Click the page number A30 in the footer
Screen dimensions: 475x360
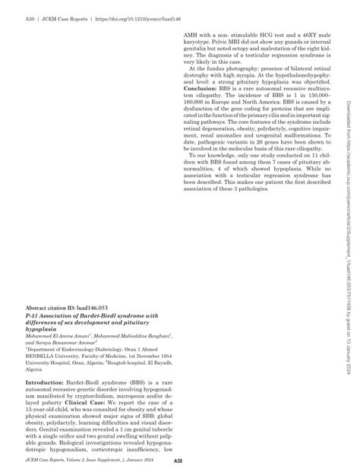[x=178, y=461]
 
